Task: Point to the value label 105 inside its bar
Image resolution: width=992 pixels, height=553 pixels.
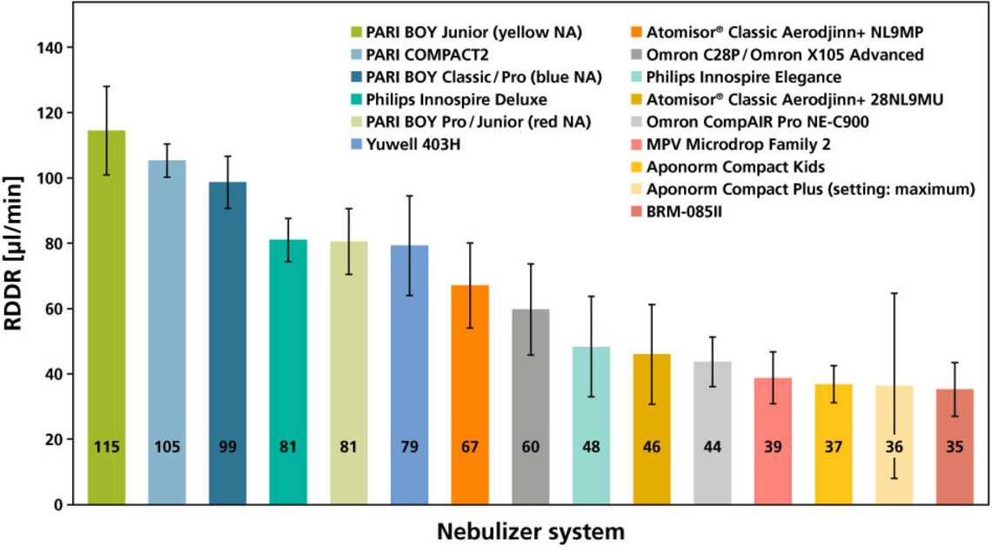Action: tap(167, 448)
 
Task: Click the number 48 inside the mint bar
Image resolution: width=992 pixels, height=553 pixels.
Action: tap(591, 448)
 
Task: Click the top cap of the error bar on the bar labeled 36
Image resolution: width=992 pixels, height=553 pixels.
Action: tap(894, 293)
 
